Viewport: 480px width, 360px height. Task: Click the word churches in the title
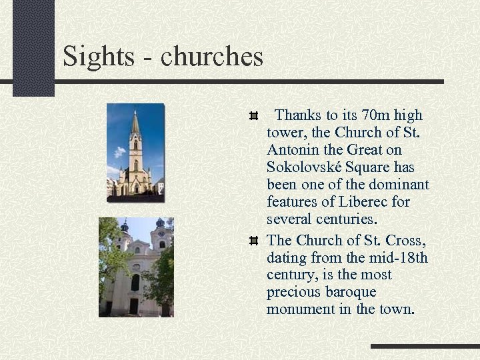pos(212,57)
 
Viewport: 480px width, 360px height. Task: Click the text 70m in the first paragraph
pos(375,115)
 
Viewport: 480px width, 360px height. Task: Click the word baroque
pos(351,292)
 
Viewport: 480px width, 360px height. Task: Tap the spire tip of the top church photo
pos(135,113)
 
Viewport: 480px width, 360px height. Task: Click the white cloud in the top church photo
pos(119,152)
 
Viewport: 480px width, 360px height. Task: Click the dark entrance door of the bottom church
pos(133,305)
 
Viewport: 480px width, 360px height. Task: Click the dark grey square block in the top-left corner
pos(33,47)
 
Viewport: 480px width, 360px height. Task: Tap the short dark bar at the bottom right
pos(425,347)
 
